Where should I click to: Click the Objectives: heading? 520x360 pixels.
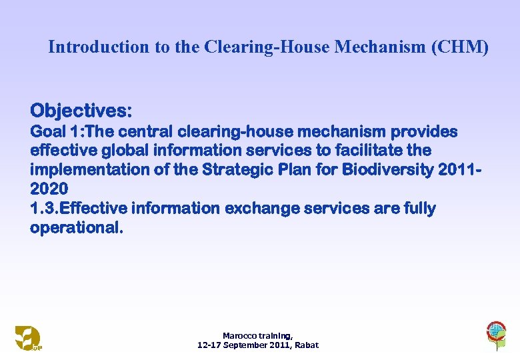[81, 109]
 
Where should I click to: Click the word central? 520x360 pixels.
[145, 132]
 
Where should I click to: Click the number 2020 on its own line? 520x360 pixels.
[49, 189]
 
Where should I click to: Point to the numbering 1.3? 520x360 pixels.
[45, 209]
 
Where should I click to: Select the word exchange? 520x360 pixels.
[261, 209]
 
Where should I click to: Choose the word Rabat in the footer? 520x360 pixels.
[307, 345]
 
